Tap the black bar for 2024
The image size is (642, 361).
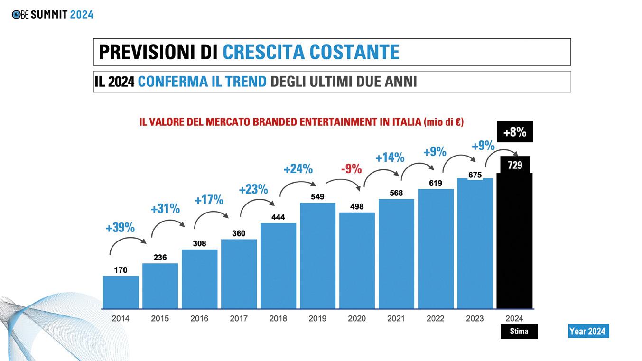point(514,242)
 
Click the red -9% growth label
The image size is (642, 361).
point(351,168)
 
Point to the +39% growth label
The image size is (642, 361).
point(120,228)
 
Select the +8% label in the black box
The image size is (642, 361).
point(515,132)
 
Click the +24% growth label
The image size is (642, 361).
point(298,168)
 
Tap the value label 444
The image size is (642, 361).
point(278,217)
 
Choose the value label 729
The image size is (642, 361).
point(515,165)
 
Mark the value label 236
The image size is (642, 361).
point(160,257)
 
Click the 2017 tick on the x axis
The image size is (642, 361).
point(239,319)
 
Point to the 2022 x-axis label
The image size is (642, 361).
point(436,319)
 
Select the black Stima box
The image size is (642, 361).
point(519,331)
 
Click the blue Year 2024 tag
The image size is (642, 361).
point(588,331)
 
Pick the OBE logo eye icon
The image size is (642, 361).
point(17,15)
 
